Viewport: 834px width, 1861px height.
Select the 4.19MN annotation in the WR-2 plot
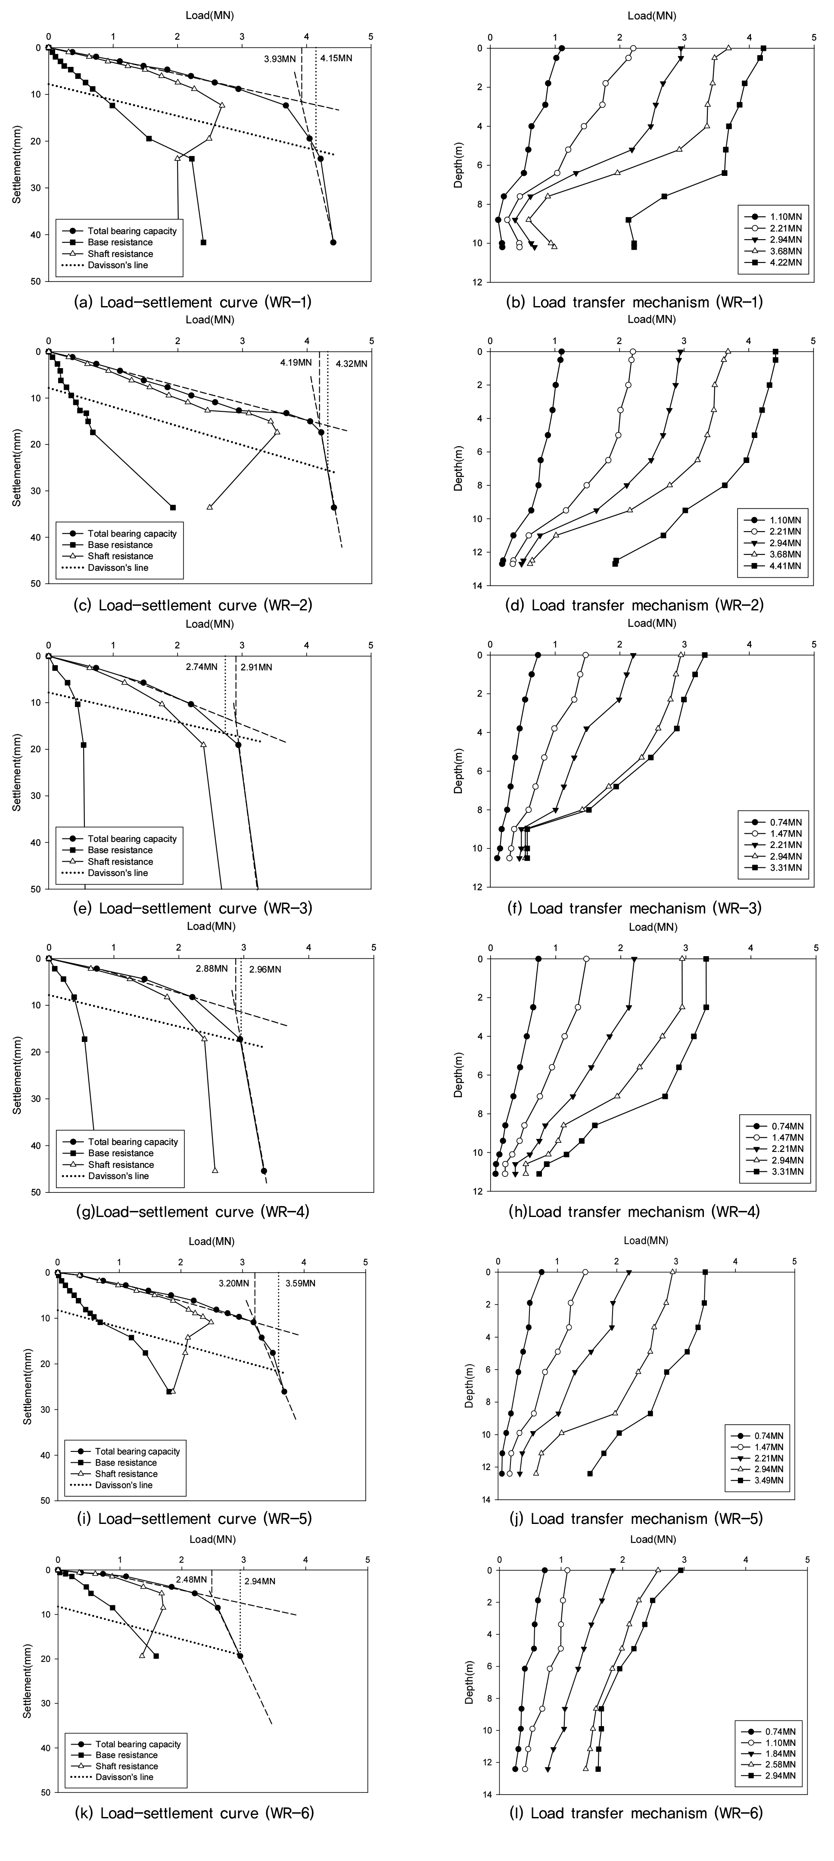coord(296,363)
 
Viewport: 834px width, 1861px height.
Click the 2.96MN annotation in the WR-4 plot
coord(265,969)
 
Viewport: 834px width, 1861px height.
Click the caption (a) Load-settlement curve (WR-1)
coord(193,302)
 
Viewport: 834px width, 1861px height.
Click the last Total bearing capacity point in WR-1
coord(333,242)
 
